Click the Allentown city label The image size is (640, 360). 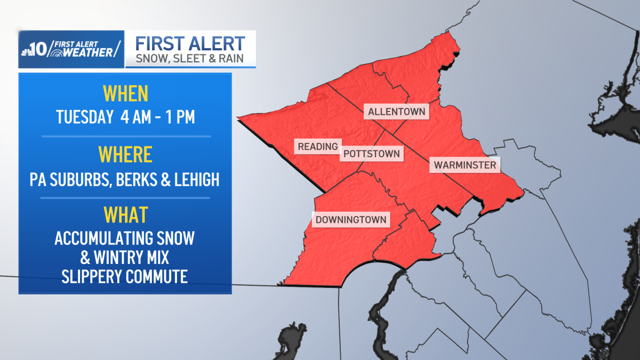(397, 112)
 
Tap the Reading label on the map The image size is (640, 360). (318, 146)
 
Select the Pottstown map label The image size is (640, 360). (372, 154)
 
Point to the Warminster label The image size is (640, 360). (465, 165)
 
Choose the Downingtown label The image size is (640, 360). (351, 220)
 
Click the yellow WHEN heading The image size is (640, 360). (125, 94)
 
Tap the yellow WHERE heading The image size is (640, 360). (125, 155)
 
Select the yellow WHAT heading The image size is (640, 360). (125, 215)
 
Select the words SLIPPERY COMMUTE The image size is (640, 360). (124, 277)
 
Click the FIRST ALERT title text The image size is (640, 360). (190, 43)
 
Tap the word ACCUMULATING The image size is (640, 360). (101, 238)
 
